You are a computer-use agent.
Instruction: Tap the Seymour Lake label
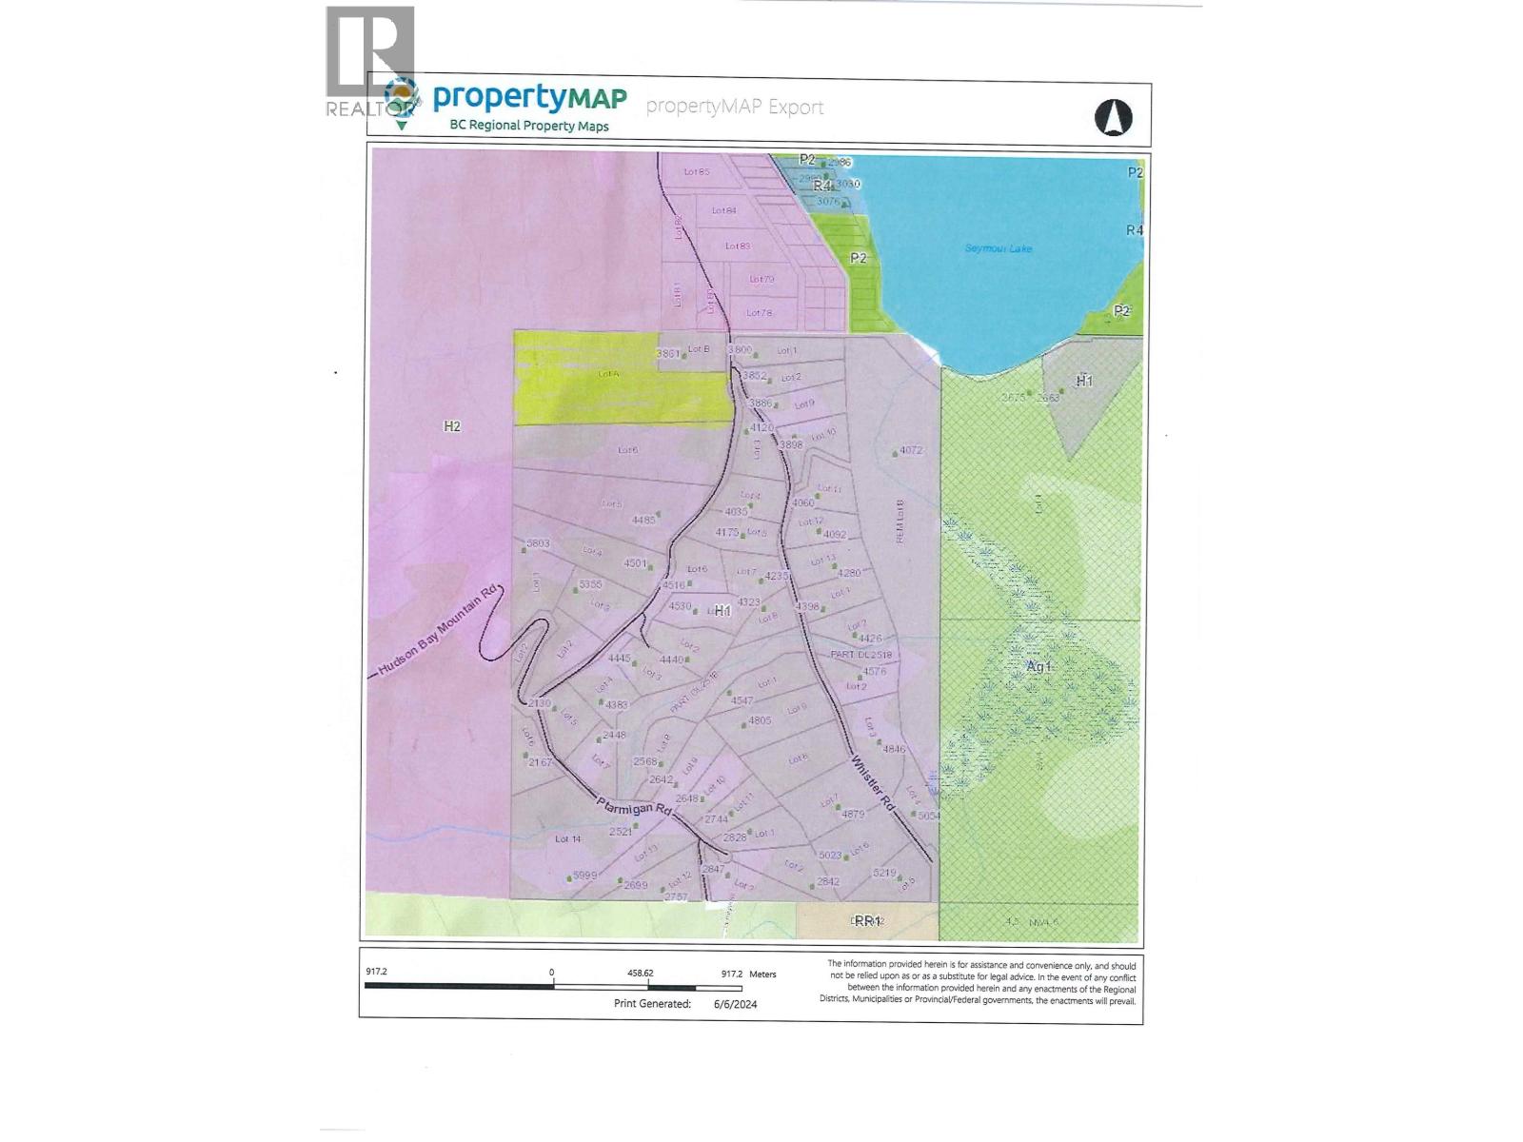click(x=998, y=248)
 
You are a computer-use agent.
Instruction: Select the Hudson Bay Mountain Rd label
click(x=439, y=629)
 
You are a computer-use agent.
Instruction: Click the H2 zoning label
click(x=452, y=426)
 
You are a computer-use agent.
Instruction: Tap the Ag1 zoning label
click(x=1039, y=666)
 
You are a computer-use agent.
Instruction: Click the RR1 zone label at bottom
click(x=866, y=920)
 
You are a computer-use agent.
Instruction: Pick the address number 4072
click(x=911, y=451)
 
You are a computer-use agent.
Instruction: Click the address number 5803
click(x=538, y=543)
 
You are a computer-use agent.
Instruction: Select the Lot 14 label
click(x=567, y=838)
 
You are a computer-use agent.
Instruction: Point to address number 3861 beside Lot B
click(x=668, y=353)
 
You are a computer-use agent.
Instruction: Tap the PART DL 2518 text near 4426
click(x=860, y=655)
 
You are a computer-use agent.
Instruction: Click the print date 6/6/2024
click(x=736, y=1003)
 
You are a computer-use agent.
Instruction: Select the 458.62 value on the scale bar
click(x=640, y=974)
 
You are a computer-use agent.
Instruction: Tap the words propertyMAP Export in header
click(x=734, y=107)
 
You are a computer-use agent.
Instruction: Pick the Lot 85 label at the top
click(x=697, y=172)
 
